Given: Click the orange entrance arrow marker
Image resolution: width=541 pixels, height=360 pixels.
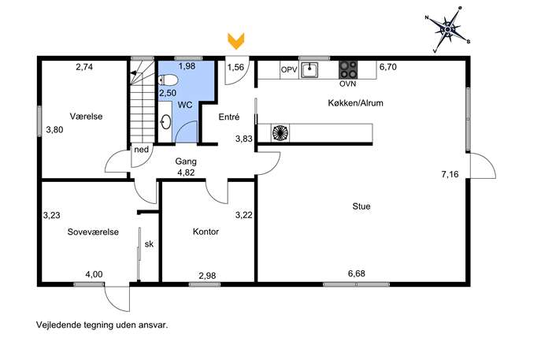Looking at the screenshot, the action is click(x=236, y=41).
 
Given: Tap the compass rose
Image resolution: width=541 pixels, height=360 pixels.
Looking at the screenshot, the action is click(x=448, y=30).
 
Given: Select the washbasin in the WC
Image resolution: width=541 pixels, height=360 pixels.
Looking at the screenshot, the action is click(x=166, y=121).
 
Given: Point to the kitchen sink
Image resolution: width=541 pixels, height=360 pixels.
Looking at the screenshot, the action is click(x=309, y=70).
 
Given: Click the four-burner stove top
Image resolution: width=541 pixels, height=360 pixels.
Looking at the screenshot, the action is click(x=348, y=70).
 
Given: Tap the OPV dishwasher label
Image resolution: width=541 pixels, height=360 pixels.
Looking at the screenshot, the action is click(x=289, y=70).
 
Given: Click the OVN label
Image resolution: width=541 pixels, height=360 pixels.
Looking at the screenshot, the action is click(x=348, y=84).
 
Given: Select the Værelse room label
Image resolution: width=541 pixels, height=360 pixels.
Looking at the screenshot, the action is click(x=87, y=117).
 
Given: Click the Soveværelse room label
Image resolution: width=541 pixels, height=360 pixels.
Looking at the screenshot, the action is click(x=93, y=232).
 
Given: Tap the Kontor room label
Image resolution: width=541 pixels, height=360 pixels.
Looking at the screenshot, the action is click(x=206, y=232).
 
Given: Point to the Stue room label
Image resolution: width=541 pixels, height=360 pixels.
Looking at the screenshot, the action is click(x=361, y=206).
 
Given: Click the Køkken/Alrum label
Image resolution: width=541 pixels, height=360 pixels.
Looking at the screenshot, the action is click(x=355, y=103).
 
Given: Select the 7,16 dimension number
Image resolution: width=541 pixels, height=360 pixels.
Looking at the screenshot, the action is click(x=450, y=174).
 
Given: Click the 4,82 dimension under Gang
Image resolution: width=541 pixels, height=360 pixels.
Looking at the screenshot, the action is click(x=186, y=173).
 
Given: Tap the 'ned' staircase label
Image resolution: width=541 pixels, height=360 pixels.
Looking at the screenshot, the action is click(x=142, y=150).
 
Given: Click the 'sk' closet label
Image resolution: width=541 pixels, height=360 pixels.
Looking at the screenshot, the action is click(x=149, y=244).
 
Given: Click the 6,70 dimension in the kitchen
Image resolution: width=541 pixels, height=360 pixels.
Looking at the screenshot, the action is click(x=388, y=67).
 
